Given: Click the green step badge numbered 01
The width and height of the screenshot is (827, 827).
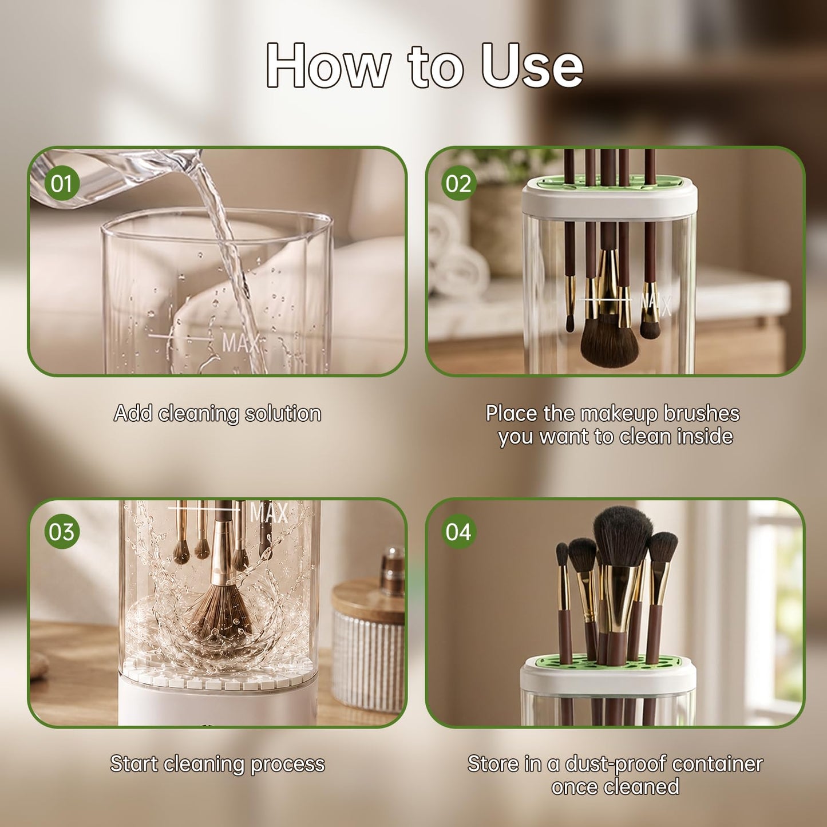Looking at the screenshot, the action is click(x=62, y=183).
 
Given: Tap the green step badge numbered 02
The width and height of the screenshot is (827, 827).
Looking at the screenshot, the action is click(x=459, y=183).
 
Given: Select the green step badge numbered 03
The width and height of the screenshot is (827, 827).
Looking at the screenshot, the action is click(x=62, y=532).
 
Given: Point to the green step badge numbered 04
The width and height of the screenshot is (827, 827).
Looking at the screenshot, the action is click(x=459, y=532).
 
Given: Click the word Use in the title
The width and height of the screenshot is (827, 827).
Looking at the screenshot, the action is click(x=532, y=66).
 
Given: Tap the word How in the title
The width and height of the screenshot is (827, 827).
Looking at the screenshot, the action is click(x=329, y=66).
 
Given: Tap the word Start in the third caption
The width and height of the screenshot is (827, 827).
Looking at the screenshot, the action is click(x=134, y=764).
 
